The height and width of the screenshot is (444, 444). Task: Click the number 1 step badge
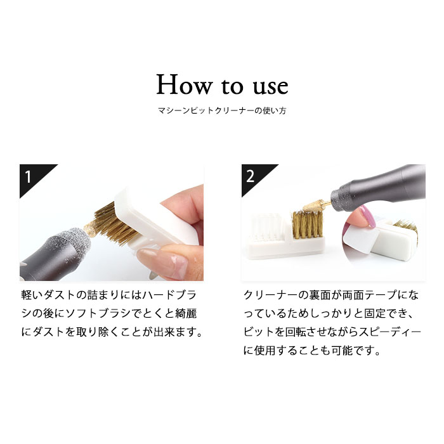(x=29, y=175)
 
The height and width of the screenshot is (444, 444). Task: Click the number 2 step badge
(x=251, y=175)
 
